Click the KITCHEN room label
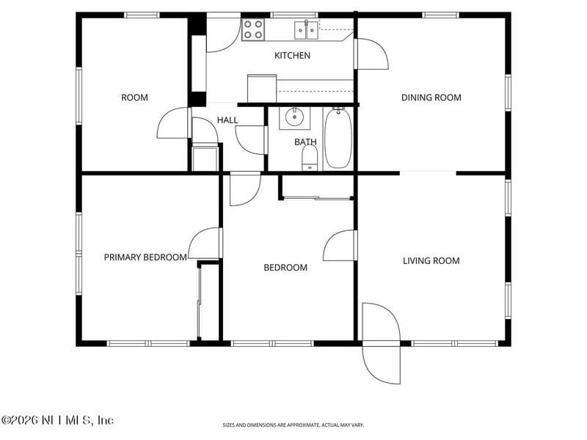[292, 56]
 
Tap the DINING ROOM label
[431, 98]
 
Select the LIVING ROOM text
[431, 260]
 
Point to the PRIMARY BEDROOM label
[145, 257]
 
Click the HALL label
[227, 120]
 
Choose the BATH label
[305, 142]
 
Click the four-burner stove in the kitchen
[253, 29]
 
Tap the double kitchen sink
[306, 29]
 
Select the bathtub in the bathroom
[338, 138]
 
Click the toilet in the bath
[310, 157]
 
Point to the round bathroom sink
[295, 117]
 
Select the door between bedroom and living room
[340, 246]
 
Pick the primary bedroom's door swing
[205, 243]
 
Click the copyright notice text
[57, 420]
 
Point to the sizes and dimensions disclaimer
[293, 425]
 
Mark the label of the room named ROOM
[134, 98]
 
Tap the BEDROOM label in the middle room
[285, 268]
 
